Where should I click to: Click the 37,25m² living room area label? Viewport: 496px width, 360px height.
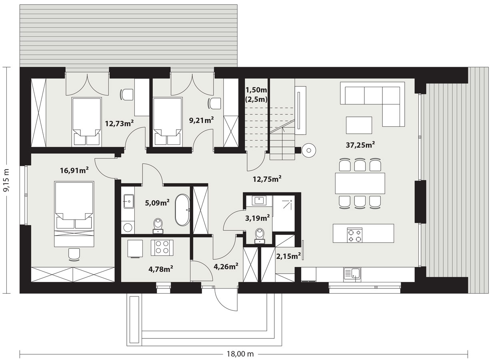(x=360, y=145)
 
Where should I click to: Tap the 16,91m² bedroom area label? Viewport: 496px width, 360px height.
(x=74, y=170)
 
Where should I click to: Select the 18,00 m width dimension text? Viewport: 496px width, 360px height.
(x=240, y=354)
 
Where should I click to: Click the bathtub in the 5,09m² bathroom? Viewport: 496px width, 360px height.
(x=182, y=210)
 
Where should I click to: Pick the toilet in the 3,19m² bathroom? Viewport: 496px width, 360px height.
(x=260, y=236)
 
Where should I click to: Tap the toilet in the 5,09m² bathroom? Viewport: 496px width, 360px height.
(x=158, y=226)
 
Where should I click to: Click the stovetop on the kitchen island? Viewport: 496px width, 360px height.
(x=355, y=236)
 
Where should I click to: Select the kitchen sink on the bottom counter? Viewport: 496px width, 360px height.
(x=352, y=275)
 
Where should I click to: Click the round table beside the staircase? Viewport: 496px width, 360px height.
(x=309, y=150)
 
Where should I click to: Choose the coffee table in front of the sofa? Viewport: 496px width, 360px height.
(x=359, y=125)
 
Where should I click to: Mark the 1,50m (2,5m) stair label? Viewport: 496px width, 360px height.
(x=256, y=94)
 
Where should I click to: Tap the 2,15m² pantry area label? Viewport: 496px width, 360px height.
(x=288, y=256)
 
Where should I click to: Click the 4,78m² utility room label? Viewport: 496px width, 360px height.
(x=161, y=269)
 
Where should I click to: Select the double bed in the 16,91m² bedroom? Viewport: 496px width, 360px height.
(x=74, y=214)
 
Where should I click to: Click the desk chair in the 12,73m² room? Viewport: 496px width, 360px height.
(x=127, y=95)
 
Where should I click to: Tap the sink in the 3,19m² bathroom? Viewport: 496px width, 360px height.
(x=259, y=200)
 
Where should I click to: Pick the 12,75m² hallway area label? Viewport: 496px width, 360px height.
(x=267, y=179)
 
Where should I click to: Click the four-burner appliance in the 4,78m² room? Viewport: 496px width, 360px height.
(x=162, y=248)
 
